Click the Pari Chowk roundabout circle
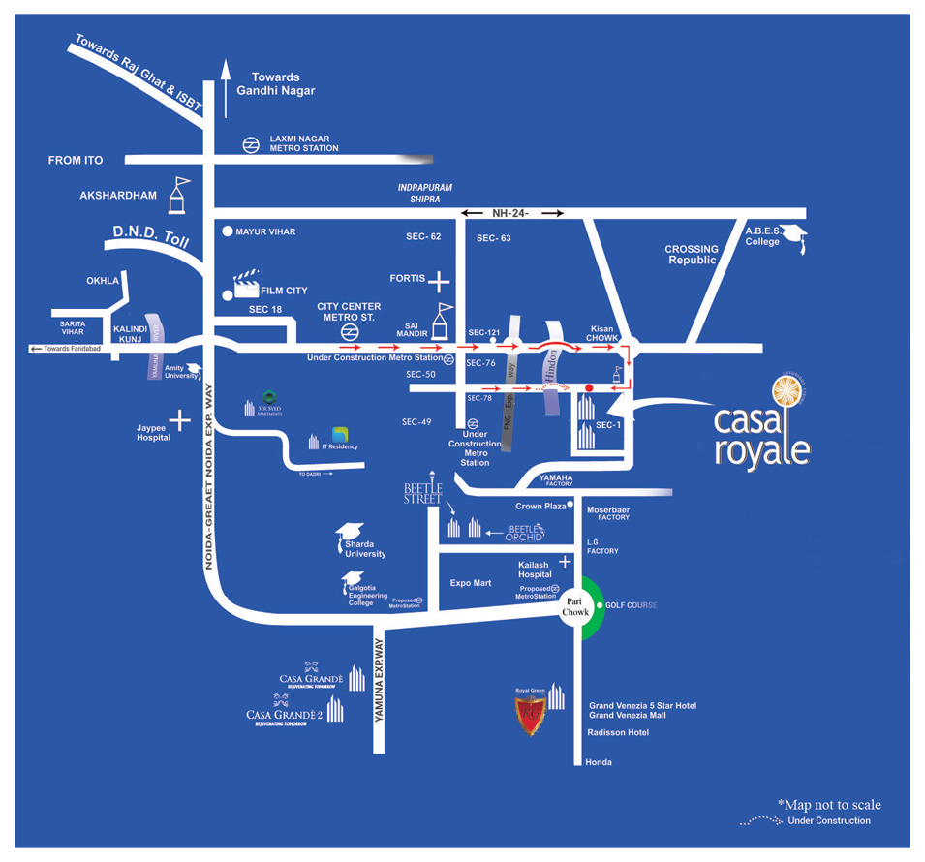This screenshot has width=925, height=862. point(575,607)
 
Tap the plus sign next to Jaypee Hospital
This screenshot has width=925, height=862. point(179,419)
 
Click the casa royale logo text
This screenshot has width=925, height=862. point(760,435)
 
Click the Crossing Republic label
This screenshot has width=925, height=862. point(692,255)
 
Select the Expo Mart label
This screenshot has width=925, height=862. point(471,583)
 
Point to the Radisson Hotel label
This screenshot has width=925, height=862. point(618,733)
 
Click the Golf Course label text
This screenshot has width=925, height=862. point(631,605)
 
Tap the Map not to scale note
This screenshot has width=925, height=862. point(829,805)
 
